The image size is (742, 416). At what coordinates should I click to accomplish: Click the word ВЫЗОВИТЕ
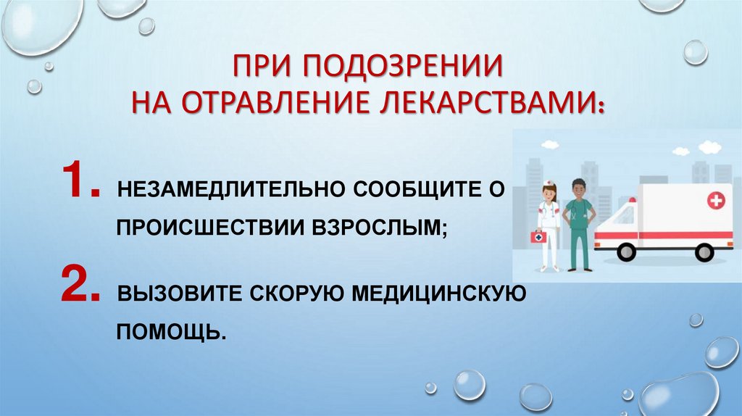point(179,296)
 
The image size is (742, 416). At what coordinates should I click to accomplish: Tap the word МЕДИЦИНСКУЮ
point(433,296)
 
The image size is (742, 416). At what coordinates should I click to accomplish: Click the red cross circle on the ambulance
point(715,201)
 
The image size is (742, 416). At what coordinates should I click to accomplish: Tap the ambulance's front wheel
point(626,251)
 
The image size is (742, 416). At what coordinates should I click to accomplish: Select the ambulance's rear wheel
point(704,251)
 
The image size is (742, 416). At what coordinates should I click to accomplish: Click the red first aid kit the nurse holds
point(538,237)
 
